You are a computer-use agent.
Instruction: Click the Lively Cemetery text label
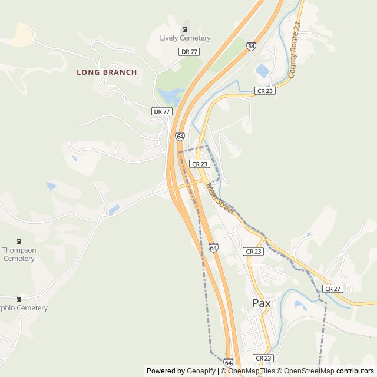185,38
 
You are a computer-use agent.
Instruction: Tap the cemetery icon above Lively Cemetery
185,29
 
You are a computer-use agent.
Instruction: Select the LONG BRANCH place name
107,72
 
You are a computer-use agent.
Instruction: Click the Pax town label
261,303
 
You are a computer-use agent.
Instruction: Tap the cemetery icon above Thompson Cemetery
19,241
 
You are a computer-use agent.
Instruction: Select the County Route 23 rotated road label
295,51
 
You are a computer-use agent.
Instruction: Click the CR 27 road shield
333,289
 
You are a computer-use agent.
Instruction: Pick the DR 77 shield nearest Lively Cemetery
188,52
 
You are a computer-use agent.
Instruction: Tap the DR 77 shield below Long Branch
161,111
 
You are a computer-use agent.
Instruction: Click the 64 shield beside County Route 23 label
252,45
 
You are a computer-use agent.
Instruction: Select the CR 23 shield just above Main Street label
200,164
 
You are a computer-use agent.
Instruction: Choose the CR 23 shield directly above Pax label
253,252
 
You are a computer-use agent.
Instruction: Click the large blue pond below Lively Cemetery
170,95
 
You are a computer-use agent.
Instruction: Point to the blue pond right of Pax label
300,305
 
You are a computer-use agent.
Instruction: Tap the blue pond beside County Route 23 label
263,71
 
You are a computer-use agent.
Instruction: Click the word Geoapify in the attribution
202,371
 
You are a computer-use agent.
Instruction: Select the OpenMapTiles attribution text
250,371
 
